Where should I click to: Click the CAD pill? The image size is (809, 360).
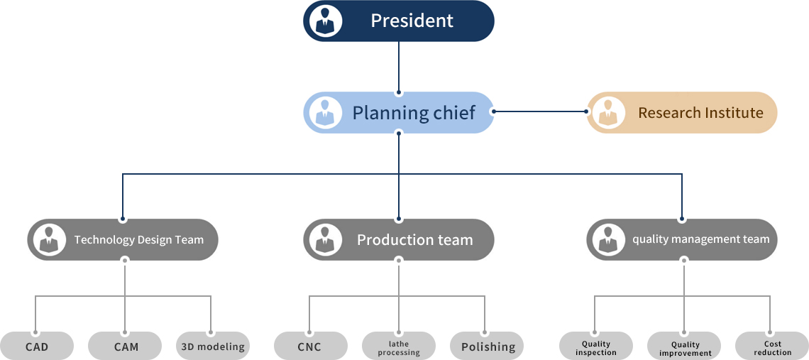pyautogui.click(x=37, y=347)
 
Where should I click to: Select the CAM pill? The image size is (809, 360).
pyautogui.click(x=126, y=347)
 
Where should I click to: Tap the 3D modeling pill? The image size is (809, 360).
pyautogui.click(x=213, y=347)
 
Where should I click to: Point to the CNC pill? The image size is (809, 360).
pyautogui.click(x=310, y=347)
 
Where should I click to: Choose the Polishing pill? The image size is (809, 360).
pyautogui.click(x=488, y=347)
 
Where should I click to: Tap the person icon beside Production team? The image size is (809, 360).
pyautogui.click(x=326, y=239)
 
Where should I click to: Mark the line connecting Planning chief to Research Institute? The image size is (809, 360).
pyautogui.click(x=540, y=111)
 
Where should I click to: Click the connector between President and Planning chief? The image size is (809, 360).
pyautogui.click(x=399, y=67)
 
